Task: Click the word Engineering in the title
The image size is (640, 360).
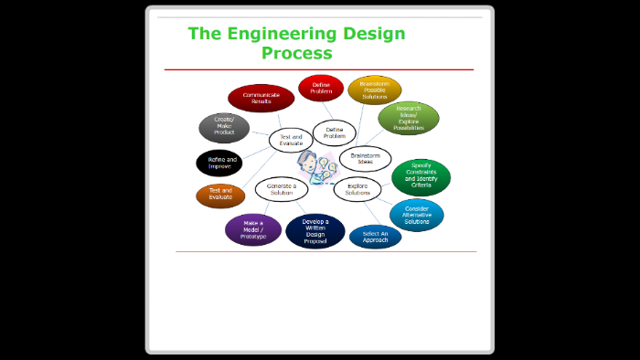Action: [282, 34]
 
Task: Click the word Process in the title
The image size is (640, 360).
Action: [296, 53]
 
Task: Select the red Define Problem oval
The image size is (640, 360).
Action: [321, 88]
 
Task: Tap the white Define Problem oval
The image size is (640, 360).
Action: [335, 132]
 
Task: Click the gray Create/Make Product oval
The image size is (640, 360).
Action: [224, 127]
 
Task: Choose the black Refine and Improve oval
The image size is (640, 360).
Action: [219, 163]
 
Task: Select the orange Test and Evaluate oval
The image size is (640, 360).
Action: [220, 196]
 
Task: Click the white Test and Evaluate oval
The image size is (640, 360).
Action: [291, 140]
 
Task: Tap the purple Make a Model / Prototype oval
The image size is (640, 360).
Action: [253, 229]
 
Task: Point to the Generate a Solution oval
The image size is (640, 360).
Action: [281, 188]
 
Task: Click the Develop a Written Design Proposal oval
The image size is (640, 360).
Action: [315, 231]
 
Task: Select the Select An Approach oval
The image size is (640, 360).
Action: [375, 238]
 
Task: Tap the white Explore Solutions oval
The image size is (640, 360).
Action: [357, 189]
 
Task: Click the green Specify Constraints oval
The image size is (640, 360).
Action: [421, 177]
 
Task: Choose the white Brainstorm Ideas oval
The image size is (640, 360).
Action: [366, 157]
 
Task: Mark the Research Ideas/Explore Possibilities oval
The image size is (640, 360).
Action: [409, 119]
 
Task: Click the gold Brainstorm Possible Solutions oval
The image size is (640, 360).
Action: [375, 90]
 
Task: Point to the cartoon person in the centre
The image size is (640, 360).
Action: [313, 164]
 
